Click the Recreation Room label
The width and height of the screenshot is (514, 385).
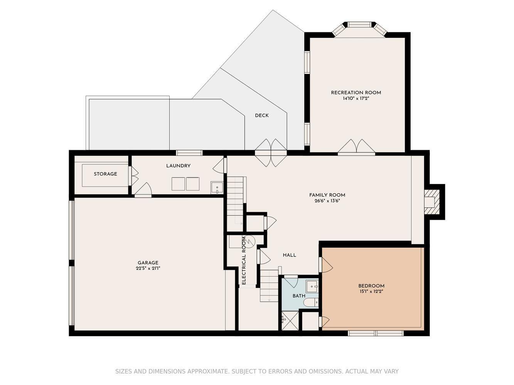tap(356, 92)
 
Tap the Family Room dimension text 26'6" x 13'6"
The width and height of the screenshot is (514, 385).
tap(327, 201)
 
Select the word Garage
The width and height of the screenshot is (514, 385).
tap(148, 263)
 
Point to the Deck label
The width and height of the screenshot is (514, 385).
tap(261, 115)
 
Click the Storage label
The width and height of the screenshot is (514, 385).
tap(105, 174)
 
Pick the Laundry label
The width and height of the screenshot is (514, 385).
tap(178, 166)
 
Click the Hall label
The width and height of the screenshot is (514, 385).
tap(290, 255)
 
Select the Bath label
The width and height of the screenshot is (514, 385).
tap(299, 296)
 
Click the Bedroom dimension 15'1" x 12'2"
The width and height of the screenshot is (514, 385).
tap(371, 291)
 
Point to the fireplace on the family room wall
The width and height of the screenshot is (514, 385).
tap(432, 202)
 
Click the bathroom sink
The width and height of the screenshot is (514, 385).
tap(312, 286)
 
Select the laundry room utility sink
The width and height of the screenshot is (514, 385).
tap(217, 187)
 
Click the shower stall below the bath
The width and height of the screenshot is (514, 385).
tap(290, 321)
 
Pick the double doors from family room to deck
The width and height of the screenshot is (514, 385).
tap(271, 153)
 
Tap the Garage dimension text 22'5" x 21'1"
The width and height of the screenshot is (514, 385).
tap(148, 268)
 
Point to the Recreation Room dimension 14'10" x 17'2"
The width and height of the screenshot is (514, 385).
tap(356, 99)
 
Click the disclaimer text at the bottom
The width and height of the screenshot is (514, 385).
tap(257, 371)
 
